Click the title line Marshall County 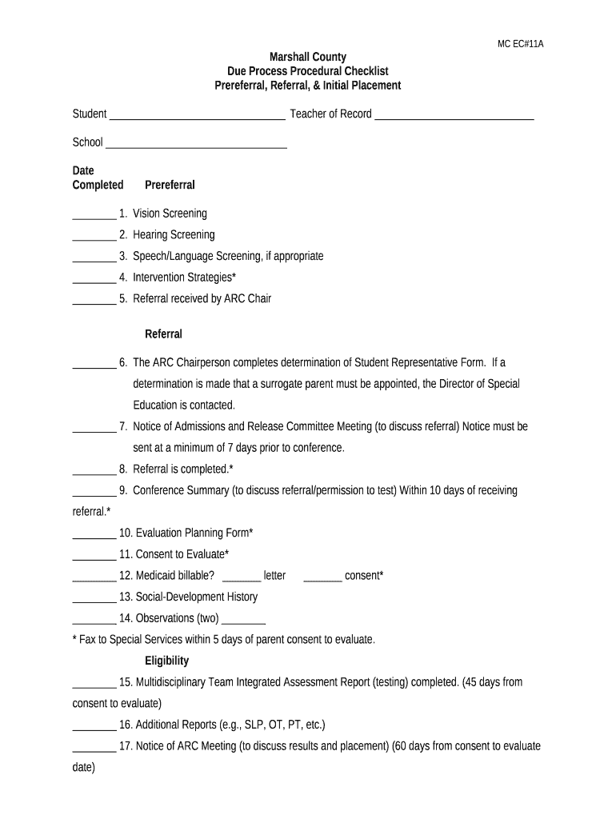pyautogui.click(x=308, y=57)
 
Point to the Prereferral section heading pyautogui.click(x=170, y=185)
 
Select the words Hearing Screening pyautogui.click(x=174, y=235)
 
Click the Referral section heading pyautogui.click(x=163, y=334)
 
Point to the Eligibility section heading pyautogui.click(x=166, y=661)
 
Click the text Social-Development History pyautogui.click(x=197, y=597)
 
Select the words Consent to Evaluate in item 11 pyautogui.click(x=181, y=554)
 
